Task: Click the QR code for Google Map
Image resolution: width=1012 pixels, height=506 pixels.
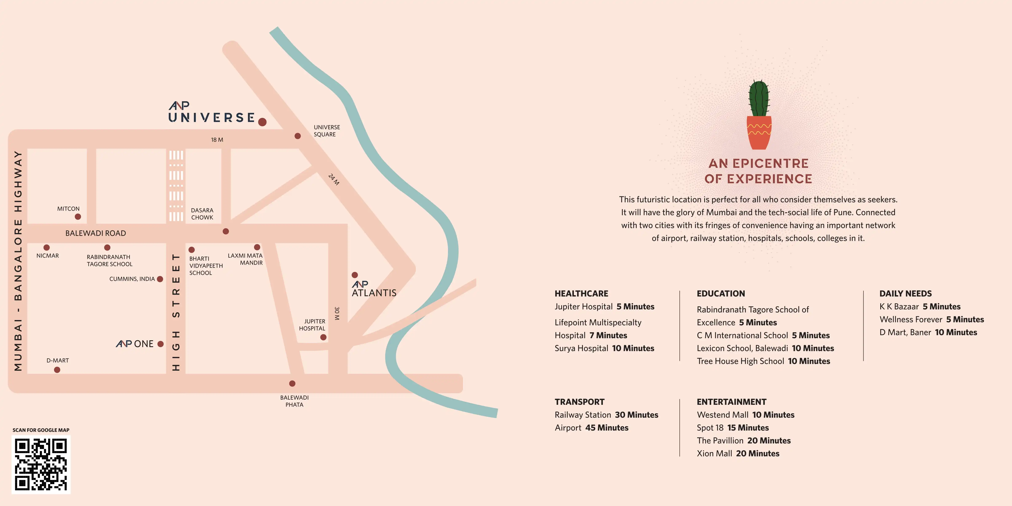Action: (x=41, y=464)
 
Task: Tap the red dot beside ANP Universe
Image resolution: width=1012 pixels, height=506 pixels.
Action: (x=262, y=122)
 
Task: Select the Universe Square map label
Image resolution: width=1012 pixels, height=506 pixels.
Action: (x=326, y=131)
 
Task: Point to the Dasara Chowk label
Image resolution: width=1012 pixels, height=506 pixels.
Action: (x=202, y=214)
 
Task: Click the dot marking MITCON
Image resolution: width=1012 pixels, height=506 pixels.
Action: (x=78, y=217)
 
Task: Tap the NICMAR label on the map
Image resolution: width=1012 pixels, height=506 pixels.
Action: (x=47, y=256)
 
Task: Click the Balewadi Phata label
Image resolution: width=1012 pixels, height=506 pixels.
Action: (x=294, y=401)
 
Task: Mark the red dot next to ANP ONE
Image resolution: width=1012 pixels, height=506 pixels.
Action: (x=160, y=344)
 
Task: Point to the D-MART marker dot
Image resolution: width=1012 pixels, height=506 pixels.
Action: (x=57, y=370)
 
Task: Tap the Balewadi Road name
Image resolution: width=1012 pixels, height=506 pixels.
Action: (x=96, y=233)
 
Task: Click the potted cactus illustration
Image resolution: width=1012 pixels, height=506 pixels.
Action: (x=759, y=115)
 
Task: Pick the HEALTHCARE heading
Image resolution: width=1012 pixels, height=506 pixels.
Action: (x=581, y=294)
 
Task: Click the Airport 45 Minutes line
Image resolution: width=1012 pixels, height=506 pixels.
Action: (x=592, y=428)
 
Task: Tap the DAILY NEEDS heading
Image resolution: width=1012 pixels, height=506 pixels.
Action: (x=906, y=294)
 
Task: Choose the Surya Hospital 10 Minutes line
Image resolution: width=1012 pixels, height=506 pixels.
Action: (x=604, y=349)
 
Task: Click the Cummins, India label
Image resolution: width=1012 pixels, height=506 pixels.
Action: (x=132, y=279)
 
